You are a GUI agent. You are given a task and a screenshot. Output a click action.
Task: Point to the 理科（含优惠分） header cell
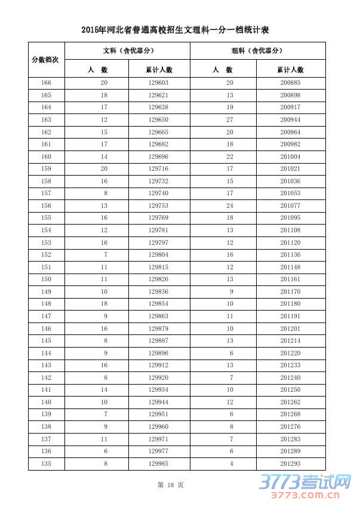click(x=257, y=51)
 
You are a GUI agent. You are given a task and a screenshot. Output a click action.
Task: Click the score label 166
click(x=46, y=82)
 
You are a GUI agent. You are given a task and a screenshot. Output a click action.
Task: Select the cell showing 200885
click(x=290, y=82)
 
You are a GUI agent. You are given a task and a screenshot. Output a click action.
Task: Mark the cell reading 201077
click(x=290, y=205)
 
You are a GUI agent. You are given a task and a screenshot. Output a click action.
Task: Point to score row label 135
click(x=46, y=463)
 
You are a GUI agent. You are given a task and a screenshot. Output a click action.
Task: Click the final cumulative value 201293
click(x=290, y=463)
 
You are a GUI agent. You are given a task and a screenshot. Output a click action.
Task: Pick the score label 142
click(x=46, y=377)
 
